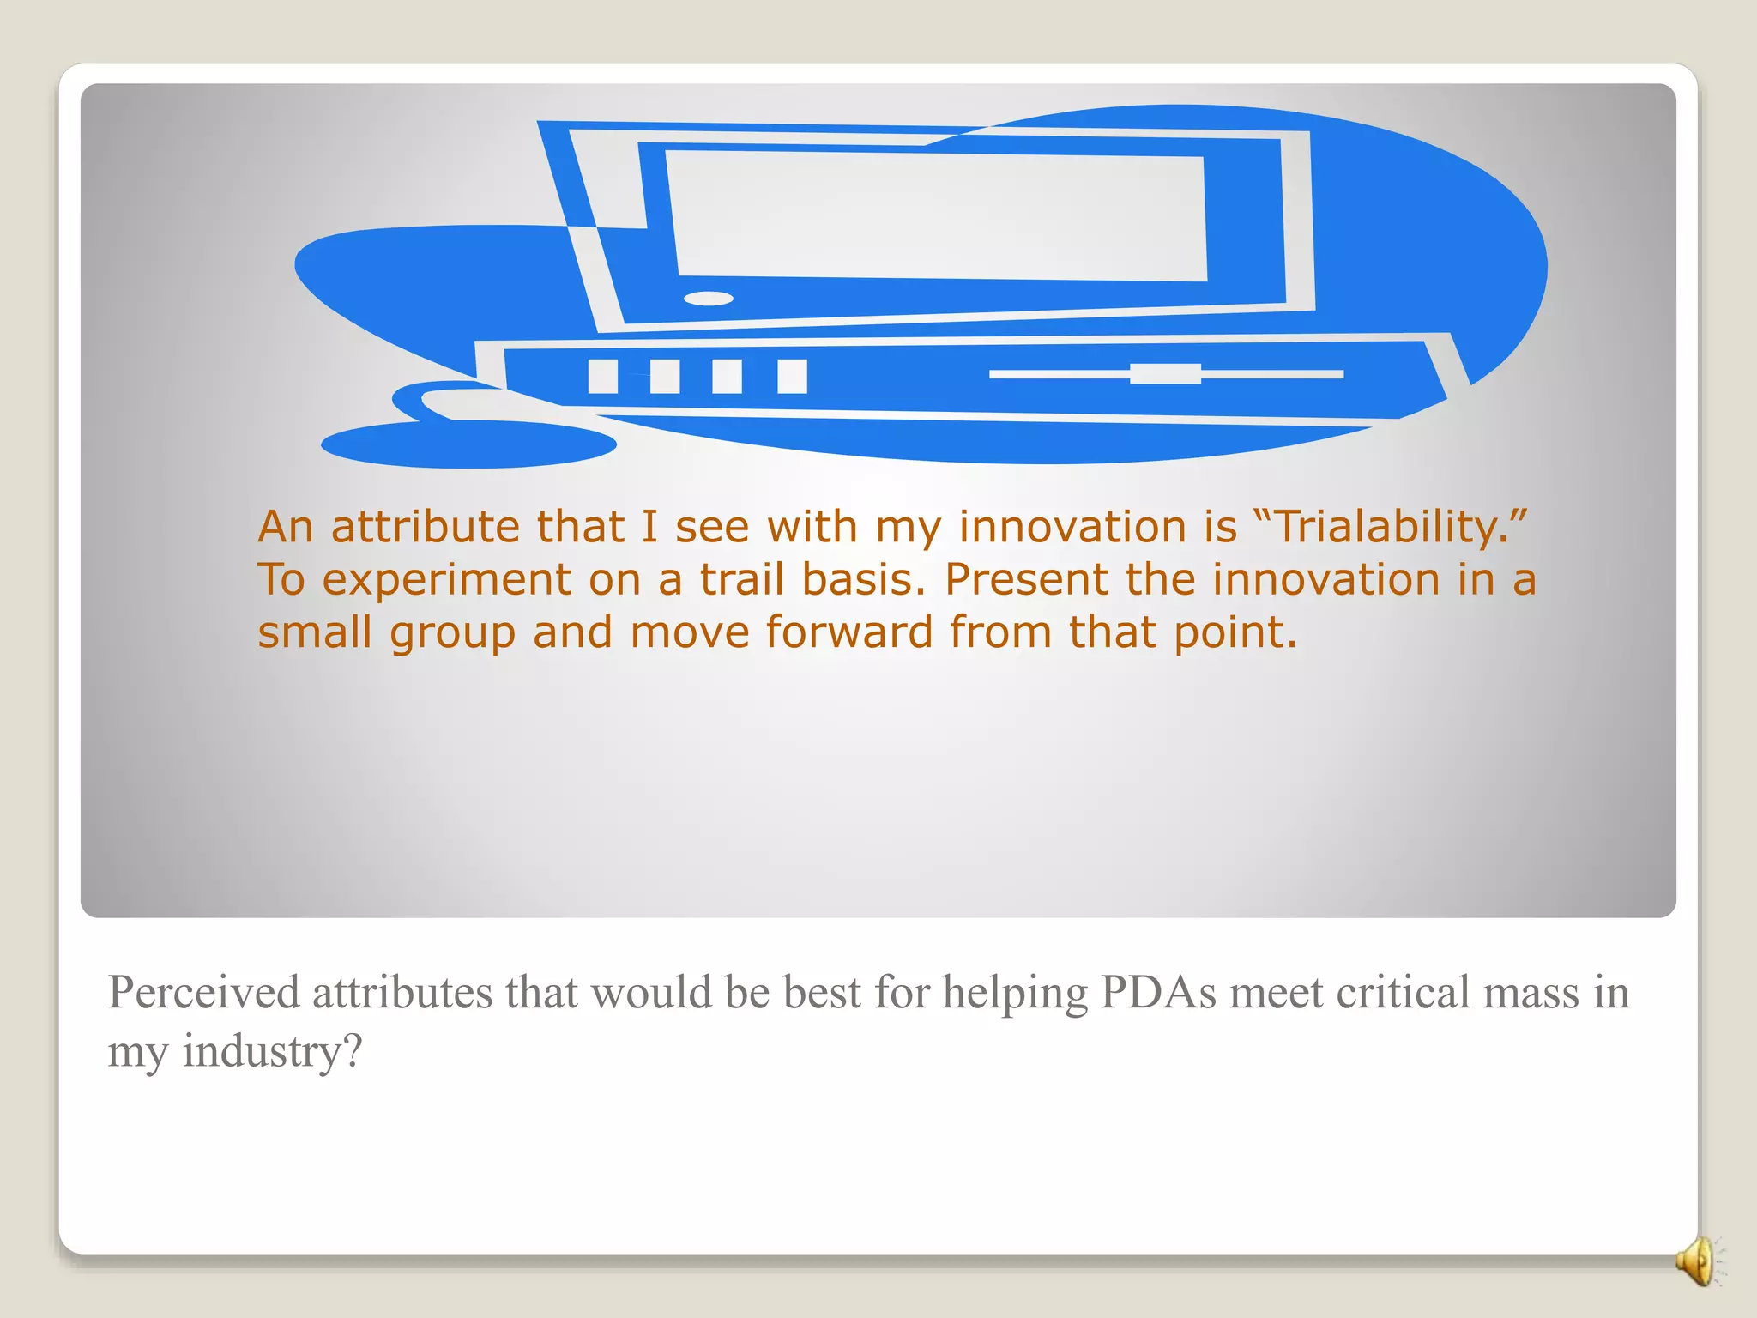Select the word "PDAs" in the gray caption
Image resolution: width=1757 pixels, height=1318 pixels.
[1157, 993]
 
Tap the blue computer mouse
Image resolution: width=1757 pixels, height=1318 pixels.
[468, 444]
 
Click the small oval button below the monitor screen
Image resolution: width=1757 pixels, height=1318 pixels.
[709, 299]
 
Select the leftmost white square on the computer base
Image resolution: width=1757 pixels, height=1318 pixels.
[602, 376]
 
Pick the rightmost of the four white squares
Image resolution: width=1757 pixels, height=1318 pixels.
[792, 376]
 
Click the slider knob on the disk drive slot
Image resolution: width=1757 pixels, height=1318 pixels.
[1165, 373]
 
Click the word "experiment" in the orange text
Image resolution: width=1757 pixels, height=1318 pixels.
[446, 581]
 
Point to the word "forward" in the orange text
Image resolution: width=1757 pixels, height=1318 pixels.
[848, 632]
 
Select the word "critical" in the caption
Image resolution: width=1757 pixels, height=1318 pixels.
[1402, 993]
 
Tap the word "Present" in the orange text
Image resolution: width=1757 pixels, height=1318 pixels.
[1026, 579]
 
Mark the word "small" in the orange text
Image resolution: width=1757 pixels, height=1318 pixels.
[314, 632]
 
